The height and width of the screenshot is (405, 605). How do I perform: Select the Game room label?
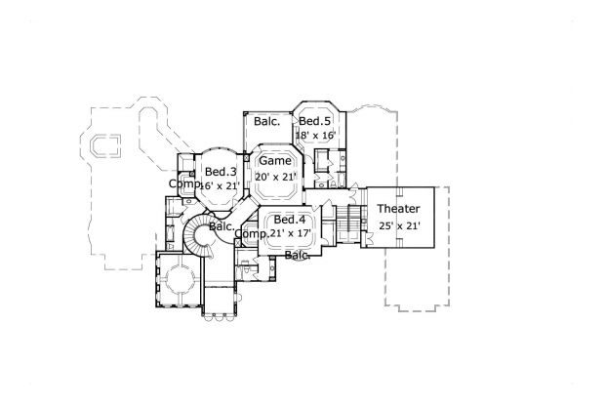[274, 161]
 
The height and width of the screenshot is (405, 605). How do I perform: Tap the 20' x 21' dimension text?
[275, 176]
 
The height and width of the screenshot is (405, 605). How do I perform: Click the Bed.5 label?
[315, 121]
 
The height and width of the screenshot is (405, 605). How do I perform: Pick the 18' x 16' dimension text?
[316, 135]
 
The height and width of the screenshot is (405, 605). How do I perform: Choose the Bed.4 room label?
[291, 220]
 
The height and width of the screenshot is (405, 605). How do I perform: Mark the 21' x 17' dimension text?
[292, 234]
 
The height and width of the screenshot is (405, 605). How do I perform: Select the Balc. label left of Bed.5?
[267, 122]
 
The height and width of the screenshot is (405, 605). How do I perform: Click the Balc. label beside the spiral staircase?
[222, 226]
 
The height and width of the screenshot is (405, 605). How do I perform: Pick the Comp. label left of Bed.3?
[183, 183]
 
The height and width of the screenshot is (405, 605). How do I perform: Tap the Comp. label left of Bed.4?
[254, 234]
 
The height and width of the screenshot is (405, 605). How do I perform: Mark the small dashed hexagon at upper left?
[101, 145]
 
